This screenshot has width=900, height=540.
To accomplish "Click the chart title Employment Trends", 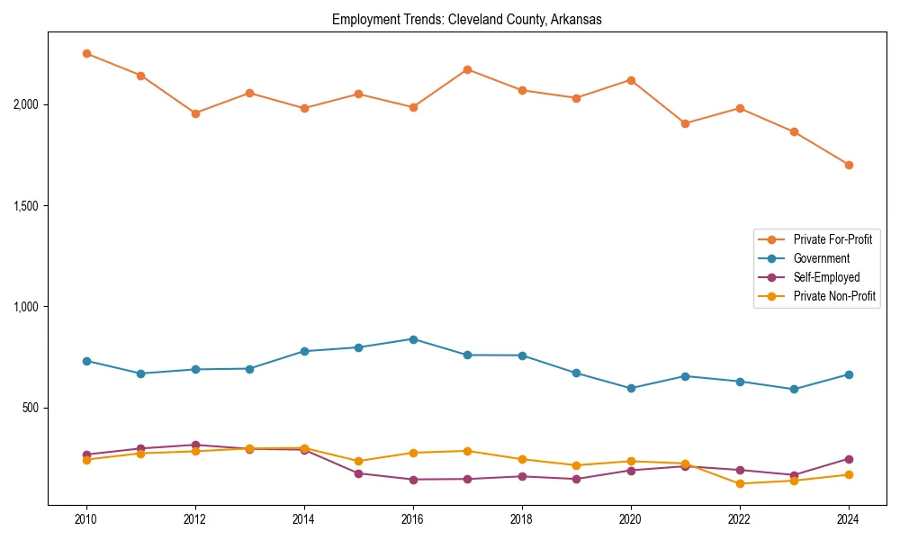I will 466,19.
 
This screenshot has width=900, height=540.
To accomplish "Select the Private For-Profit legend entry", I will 832,239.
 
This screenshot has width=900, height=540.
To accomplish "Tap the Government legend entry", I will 821,258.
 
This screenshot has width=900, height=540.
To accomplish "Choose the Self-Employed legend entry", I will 826,277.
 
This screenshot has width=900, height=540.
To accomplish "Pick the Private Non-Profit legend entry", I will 834,296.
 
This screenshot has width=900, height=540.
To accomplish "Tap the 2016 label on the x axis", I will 413,519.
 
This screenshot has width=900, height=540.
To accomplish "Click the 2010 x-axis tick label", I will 86,519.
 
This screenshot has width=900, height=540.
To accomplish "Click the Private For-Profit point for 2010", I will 86,53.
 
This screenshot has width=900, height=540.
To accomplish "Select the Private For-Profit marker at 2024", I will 849,165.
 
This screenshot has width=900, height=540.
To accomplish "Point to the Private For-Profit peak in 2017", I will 467,69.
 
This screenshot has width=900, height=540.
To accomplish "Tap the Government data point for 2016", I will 413,339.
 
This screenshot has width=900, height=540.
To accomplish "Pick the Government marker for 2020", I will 631,389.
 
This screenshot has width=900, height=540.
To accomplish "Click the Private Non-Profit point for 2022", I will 740,483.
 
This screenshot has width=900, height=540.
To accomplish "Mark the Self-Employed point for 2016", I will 413,480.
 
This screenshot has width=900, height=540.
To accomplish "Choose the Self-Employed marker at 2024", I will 849,459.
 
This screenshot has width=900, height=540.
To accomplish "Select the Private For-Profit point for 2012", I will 195,113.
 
